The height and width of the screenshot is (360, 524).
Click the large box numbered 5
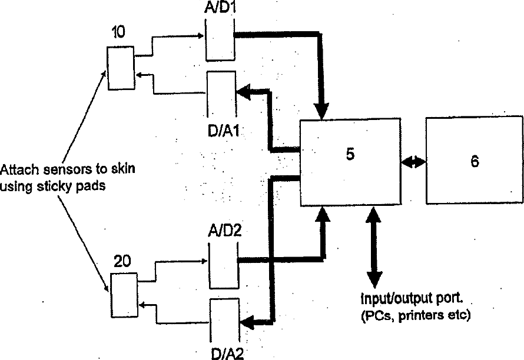350,162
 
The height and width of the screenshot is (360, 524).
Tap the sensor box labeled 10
121,68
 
